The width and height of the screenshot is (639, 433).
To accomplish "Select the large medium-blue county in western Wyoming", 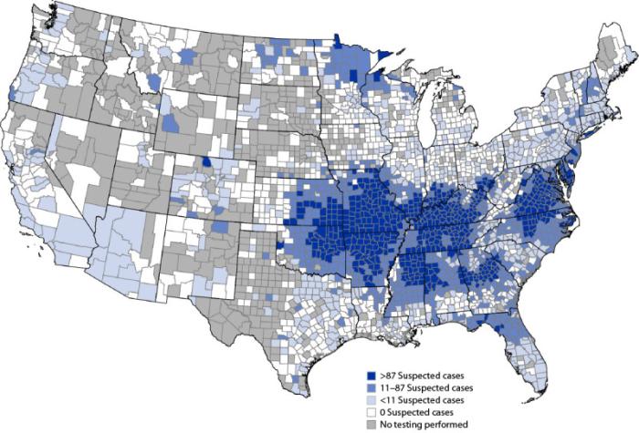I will pyautogui.click(x=171, y=122).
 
